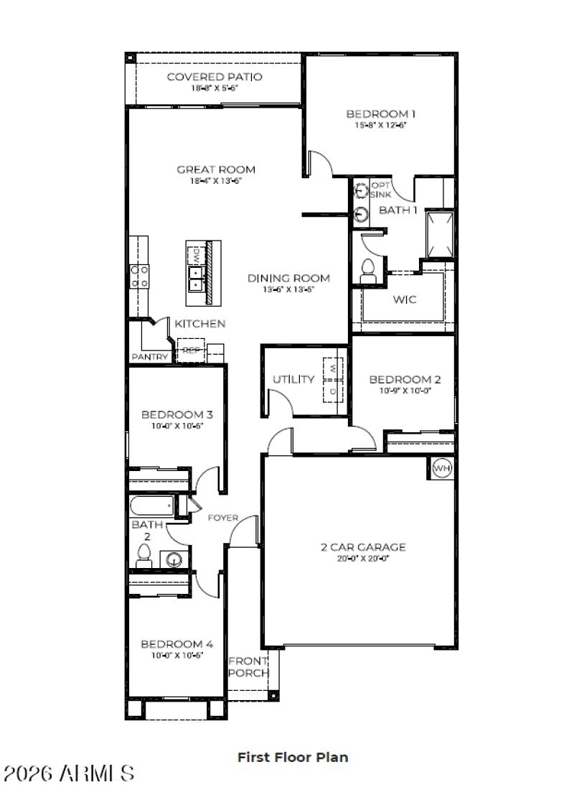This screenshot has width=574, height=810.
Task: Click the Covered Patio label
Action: click(x=215, y=77)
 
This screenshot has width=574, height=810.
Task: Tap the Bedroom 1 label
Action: click(x=381, y=113)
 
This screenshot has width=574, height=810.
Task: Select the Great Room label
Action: click(x=216, y=169)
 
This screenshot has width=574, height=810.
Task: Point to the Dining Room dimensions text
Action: click(x=288, y=289)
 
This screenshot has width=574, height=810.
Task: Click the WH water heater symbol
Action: click(x=442, y=469)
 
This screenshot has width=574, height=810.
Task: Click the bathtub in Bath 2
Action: click(x=152, y=507)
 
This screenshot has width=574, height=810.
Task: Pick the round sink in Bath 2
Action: click(x=173, y=559)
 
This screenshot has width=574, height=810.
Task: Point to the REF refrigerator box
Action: click(x=190, y=350)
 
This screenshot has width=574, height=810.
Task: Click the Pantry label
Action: click(x=150, y=357)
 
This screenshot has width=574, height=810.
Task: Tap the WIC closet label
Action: click(x=404, y=299)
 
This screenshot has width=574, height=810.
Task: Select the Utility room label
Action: click(x=293, y=379)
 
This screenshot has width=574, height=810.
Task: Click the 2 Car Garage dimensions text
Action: click(x=362, y=558)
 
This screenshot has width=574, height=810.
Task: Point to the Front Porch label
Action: click(x=248, y=667)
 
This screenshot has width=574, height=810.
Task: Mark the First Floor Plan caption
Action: click(x=293, y=757)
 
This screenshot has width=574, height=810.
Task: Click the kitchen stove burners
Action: click(x=140, y=276)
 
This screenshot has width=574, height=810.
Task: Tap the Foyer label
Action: click(x=223, y=517)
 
